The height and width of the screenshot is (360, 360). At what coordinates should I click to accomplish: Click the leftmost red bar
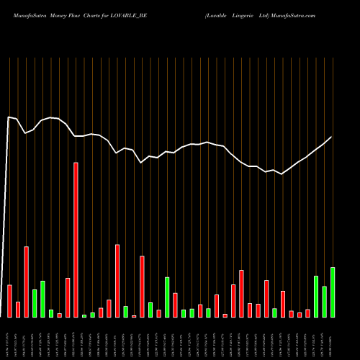pos(9,301)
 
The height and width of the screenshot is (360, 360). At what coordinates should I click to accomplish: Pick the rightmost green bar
pos(332,292)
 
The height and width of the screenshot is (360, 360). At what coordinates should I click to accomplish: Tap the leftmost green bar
pos(35,303)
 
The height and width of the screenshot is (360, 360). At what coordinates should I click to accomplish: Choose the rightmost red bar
pos(307,313)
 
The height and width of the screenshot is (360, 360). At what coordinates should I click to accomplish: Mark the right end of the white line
pos(332,137)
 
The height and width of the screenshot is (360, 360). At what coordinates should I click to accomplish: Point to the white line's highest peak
pos(9,117)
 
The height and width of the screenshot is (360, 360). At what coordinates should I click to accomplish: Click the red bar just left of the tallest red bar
pos(68,297)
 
